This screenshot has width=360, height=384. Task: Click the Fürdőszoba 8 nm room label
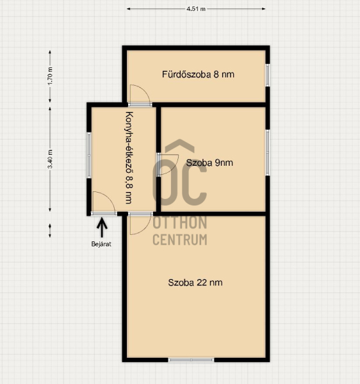click(198, 74)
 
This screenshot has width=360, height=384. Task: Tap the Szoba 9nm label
click(209, 163)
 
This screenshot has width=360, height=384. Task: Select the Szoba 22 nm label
click(195, 283)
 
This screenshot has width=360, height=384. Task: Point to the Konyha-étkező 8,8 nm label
click(129, 157)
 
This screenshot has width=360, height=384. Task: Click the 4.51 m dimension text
click(196, 9)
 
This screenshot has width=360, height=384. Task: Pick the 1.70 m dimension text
click(50, 76)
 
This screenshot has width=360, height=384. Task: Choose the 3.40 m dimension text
click(50, 159)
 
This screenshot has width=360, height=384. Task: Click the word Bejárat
click(101, 244)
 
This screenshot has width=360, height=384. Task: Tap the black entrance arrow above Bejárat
click(102, 227)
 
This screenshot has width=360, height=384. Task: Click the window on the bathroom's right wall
click(268, 75)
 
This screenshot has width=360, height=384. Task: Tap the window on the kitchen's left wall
click(89, 156)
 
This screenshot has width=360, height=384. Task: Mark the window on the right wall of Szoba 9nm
click(268, 152)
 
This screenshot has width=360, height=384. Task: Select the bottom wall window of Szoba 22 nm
click(191, 360)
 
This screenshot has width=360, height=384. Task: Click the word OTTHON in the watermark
click(180, 222)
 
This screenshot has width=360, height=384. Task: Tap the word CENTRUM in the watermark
click(180, 239)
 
